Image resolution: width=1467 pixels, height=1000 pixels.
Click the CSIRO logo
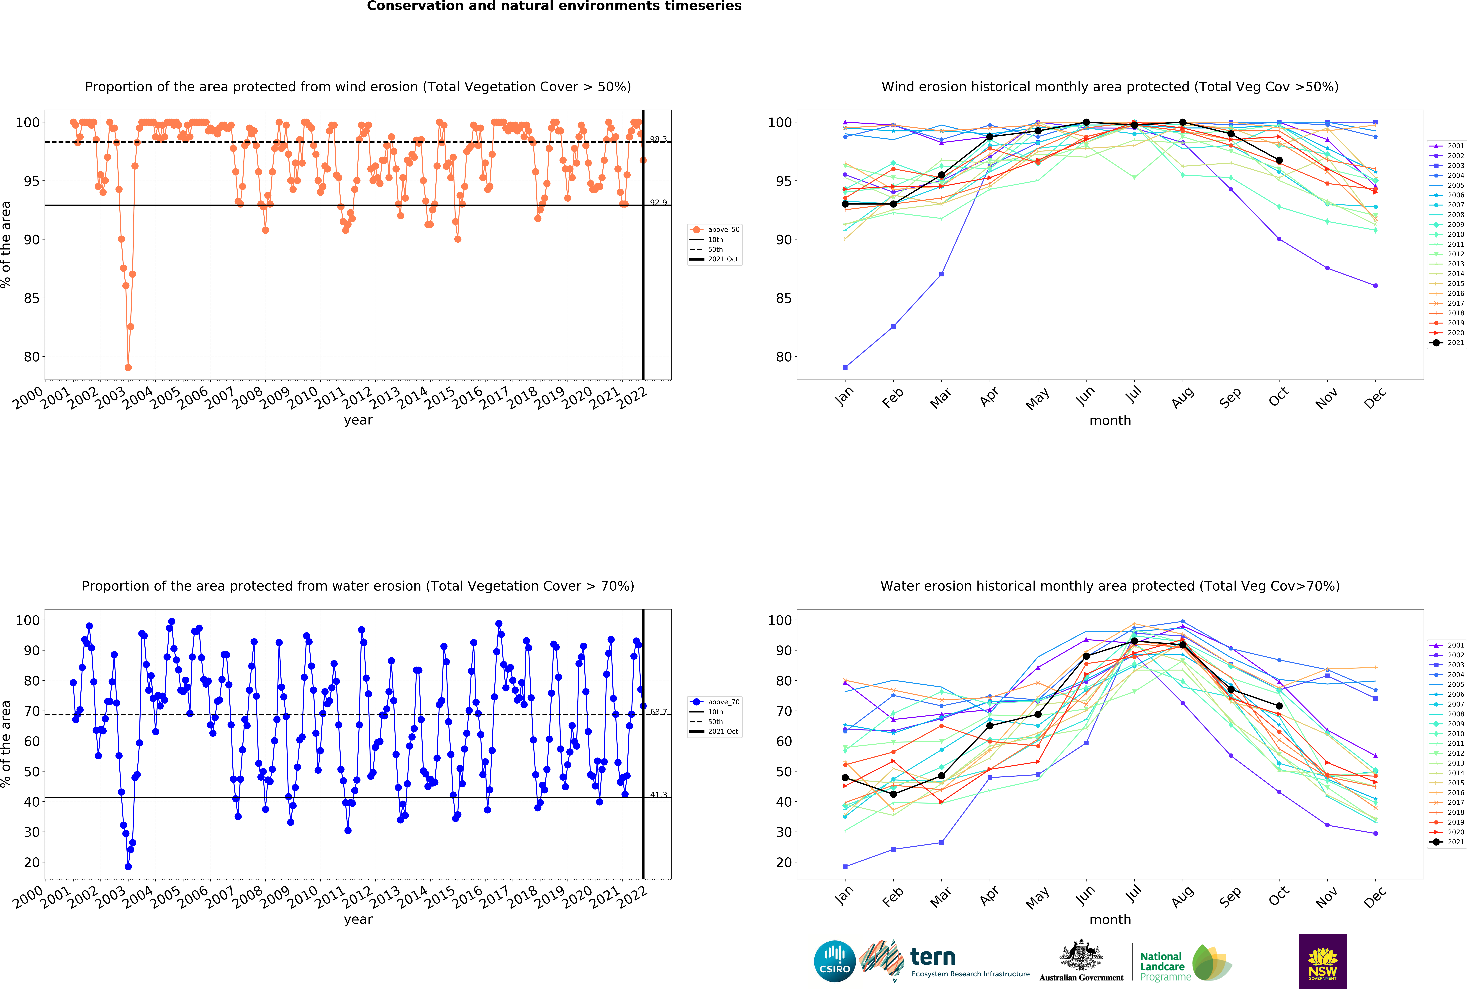click(835, 961)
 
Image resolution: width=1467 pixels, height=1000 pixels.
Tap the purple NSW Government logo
click(1322, 961)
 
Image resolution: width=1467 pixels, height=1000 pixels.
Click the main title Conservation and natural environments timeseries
click(554, 6)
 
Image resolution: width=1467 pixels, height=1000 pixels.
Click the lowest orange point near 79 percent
click(128, 367)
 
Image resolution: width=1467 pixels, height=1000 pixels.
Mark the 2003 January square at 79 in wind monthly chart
click(845, 367)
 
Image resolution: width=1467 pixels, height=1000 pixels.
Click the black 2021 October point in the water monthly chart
click(1279, 706)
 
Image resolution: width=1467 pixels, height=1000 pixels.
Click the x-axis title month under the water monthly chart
click(1110, 920)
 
